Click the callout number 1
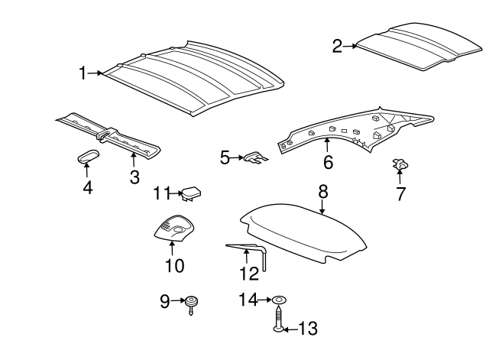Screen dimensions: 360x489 [83, 73]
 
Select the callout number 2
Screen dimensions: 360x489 [337, 47]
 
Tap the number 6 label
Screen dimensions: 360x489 [328, 162]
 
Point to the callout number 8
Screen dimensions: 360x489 [322, 191]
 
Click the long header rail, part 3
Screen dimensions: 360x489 [115, 137]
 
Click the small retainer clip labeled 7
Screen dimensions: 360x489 [398, 164]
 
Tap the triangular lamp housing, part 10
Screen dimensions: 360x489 [174, 229]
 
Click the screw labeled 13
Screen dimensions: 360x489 [279, 319]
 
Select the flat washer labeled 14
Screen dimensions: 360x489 [279, 300]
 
